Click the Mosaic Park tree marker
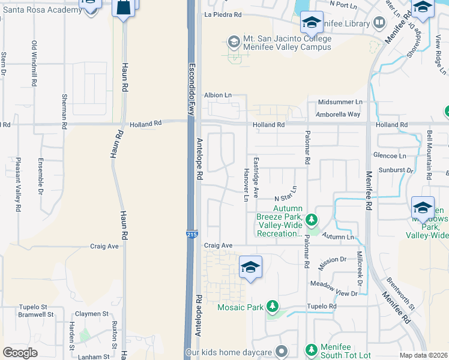[273, 307]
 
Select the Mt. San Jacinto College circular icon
[234, 42]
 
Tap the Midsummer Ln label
[340, 103]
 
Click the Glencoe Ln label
[390, 155]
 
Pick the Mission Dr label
[333, 260]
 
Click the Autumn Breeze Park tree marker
[311, 220]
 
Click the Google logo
[20, 353]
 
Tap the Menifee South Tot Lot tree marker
[311, 349]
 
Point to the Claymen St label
[92, 314]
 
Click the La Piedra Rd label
[223, 14]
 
